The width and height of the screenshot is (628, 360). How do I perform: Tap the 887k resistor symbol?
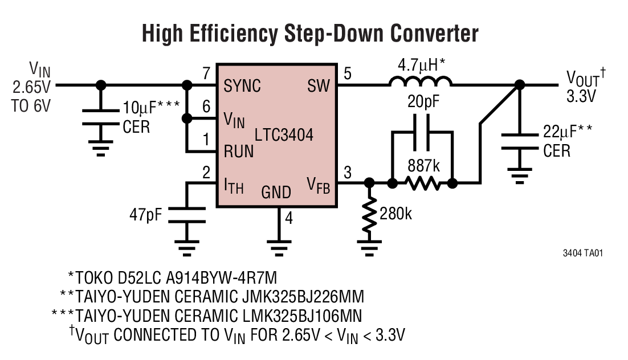422,183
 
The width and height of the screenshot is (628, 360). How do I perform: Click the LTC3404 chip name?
284,136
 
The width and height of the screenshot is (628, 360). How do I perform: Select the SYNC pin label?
242,86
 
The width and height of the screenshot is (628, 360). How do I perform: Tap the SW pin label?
318,86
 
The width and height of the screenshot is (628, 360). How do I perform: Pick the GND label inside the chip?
276,193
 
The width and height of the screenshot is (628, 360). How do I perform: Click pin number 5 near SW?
348,73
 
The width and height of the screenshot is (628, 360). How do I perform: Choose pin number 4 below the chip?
289,218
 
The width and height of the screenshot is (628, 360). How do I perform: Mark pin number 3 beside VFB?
348,171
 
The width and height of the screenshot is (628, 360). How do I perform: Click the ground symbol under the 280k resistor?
369,246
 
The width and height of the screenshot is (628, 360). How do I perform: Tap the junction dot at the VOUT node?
519,85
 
